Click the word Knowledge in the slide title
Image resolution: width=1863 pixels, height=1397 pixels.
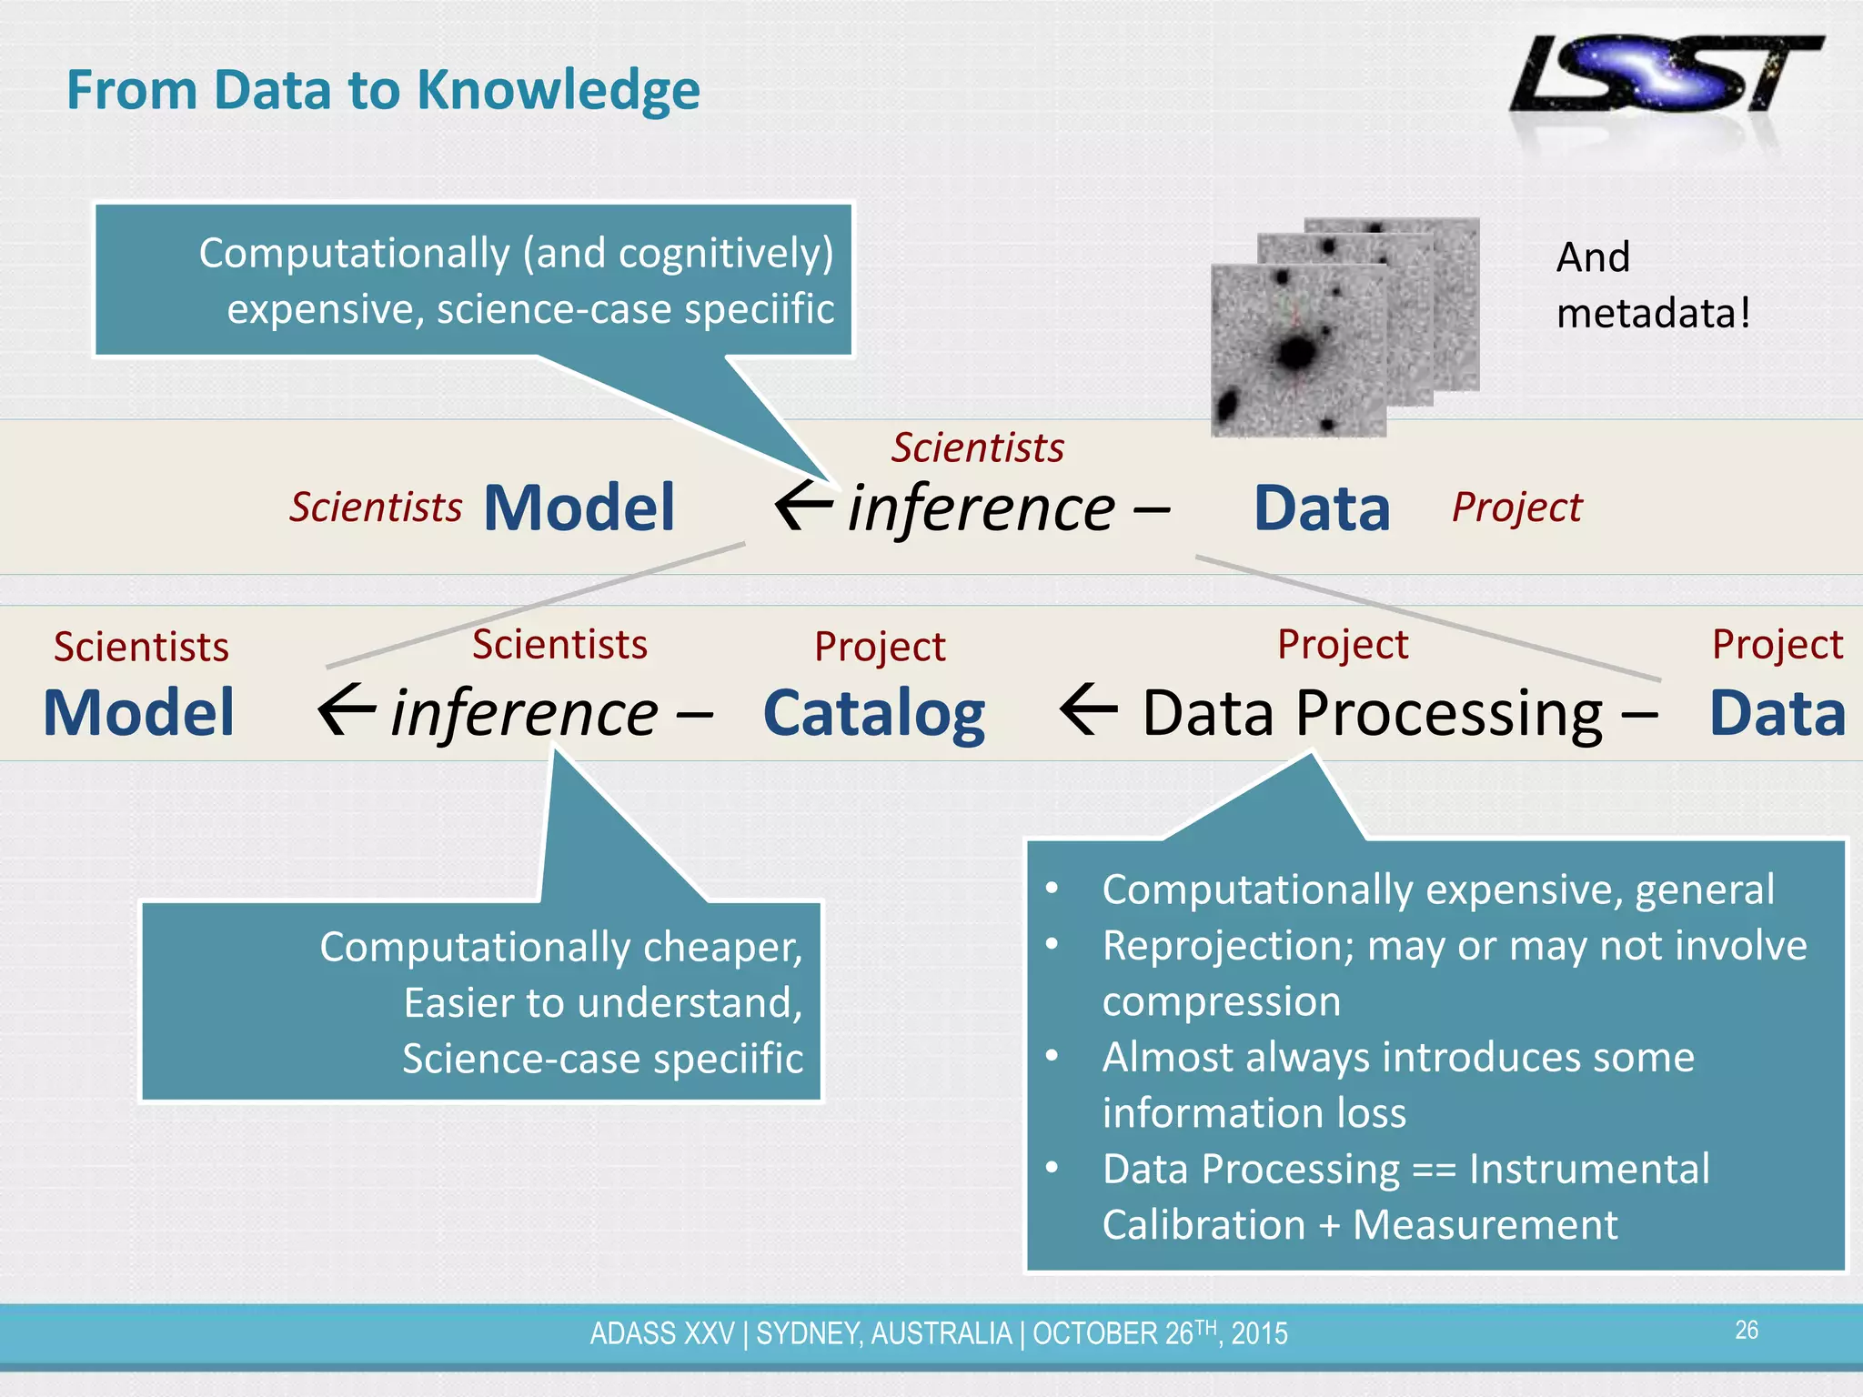558,91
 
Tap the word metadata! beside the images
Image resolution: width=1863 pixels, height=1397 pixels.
1652,314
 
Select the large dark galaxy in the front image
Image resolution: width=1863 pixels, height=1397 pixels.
1295,351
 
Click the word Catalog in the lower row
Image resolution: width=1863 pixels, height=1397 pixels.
873,713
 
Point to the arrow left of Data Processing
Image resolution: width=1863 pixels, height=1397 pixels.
1088,710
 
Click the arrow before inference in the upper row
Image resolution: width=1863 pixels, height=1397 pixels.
803,507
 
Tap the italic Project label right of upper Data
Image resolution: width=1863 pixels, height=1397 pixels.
1516,508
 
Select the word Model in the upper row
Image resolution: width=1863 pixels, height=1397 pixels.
579,508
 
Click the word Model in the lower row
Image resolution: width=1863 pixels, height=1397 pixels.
139,713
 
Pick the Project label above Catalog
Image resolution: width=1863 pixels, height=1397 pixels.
880,647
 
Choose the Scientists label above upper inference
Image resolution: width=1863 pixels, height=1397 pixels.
977,447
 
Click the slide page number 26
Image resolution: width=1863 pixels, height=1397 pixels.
1746,1331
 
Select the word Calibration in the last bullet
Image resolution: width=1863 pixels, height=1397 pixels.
1203,1225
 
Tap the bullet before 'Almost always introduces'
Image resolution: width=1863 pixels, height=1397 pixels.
1052,1057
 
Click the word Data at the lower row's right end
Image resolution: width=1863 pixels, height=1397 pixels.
1777,713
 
